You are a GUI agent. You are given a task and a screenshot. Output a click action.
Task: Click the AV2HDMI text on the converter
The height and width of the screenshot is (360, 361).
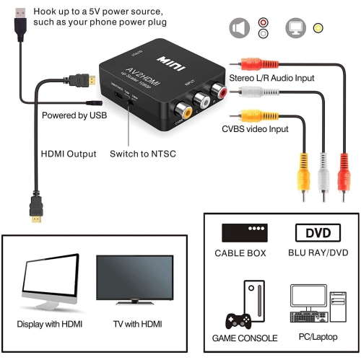click(147, 66)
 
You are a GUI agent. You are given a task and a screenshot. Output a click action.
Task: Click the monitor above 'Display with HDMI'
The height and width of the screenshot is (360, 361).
click(51, 278)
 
